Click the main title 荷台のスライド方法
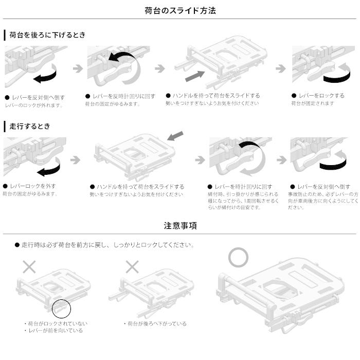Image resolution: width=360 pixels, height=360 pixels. pyautogui.click(x=180, y=10)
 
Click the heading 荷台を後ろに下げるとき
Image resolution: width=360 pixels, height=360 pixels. pyautogui.click(x=47, y=35)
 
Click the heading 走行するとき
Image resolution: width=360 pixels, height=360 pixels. pyautogui.click(x=30, y=126)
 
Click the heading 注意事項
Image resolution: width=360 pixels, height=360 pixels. pyautogui.click(x=180, y=226)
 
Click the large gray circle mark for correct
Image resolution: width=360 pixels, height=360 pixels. pyautogui.click(x=238, y=257)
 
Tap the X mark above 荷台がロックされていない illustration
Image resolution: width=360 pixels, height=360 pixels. pyautogui.click(x=29, y=266)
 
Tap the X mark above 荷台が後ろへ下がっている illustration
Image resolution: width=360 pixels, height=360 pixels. pyautogui.click(x=133, y=266)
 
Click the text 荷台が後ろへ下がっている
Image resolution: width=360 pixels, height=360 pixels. pyautogui.click(x=156, y=324)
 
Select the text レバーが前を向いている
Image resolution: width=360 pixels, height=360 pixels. pyautogui.click(x=55, y=331)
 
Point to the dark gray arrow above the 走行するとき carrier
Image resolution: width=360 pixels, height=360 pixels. pyautogui.click(x=175, y=136)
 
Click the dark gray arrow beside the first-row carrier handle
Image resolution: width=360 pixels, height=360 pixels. pyautogui.click(x=194, y=77)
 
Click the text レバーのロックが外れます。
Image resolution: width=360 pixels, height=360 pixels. pyautogui.click(x=33, y=105)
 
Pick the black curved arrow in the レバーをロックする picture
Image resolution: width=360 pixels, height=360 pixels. pyautogui.click(x=336, y=77)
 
